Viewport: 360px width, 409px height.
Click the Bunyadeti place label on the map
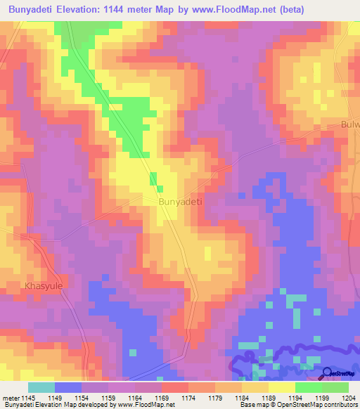(181, 201)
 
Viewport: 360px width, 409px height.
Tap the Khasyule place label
(44, 286)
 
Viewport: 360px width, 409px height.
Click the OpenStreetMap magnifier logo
(328, 373)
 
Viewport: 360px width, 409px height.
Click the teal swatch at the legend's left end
(41, 387)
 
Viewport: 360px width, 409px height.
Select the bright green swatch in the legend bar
(308, 387)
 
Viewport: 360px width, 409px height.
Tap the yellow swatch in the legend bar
(281, 387)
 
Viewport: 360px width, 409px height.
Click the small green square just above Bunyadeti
(153, 178)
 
